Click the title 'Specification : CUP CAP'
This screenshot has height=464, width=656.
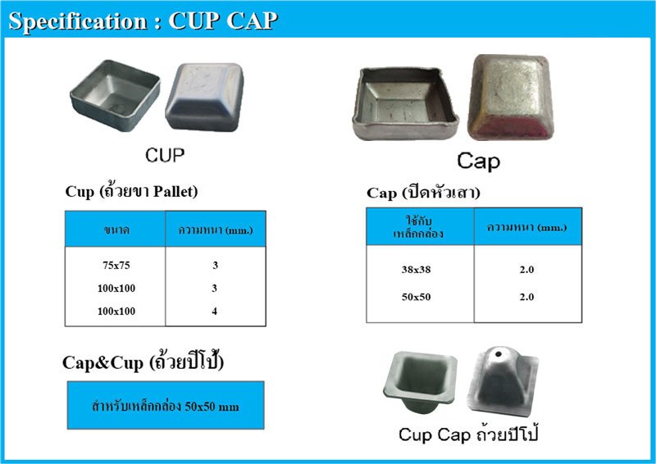tap(142, 20)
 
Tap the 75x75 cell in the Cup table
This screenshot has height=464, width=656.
tap(115, 266)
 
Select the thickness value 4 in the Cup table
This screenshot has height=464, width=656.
tap(214, 312)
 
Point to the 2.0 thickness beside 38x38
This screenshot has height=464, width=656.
tap(526, 270)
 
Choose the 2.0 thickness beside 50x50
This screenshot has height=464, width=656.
tap(526, 297)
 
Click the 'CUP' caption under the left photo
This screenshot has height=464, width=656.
tap(164, 154)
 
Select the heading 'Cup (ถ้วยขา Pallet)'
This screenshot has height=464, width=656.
tap(132, 192)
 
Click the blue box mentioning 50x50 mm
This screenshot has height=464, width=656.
tap(166, 405)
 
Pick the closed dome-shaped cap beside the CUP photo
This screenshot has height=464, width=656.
tap(205, 98)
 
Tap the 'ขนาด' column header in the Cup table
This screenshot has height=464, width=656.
tap(115, 230)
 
